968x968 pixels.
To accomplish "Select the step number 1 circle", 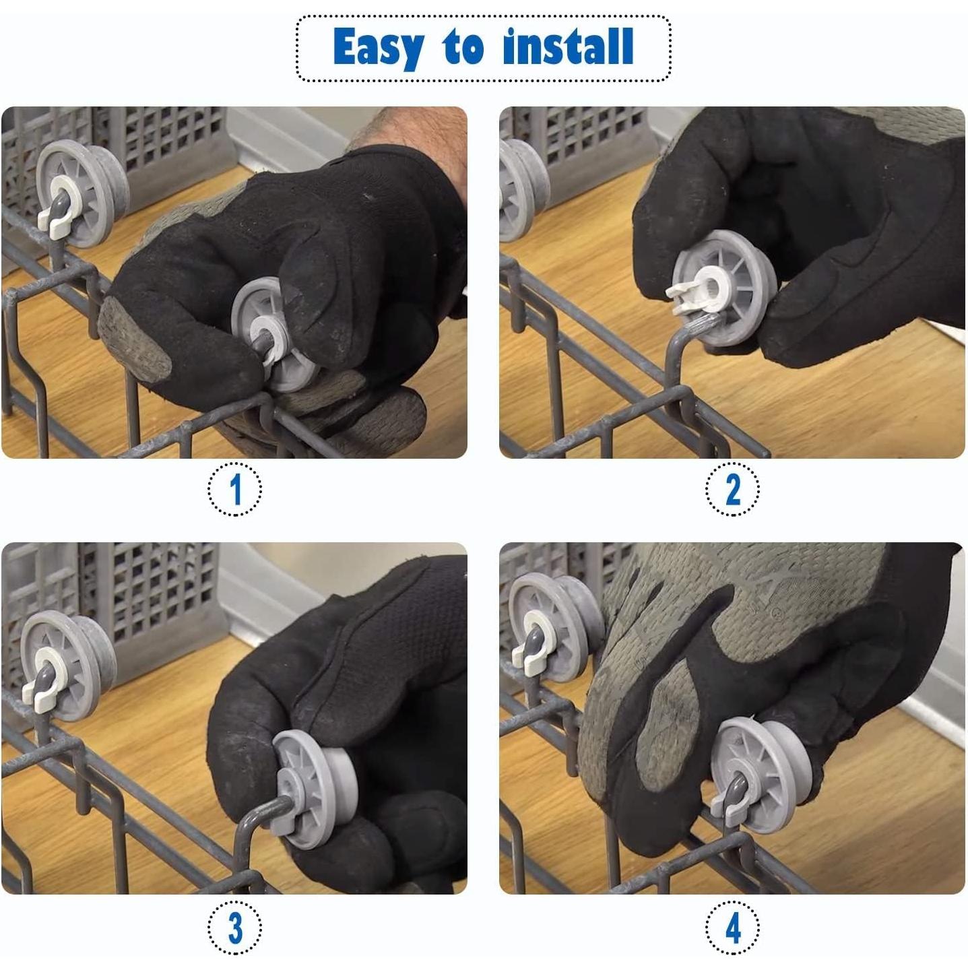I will point(234,490).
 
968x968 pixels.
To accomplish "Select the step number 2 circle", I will point(732,490).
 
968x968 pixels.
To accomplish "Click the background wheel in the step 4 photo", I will point(549,626).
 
